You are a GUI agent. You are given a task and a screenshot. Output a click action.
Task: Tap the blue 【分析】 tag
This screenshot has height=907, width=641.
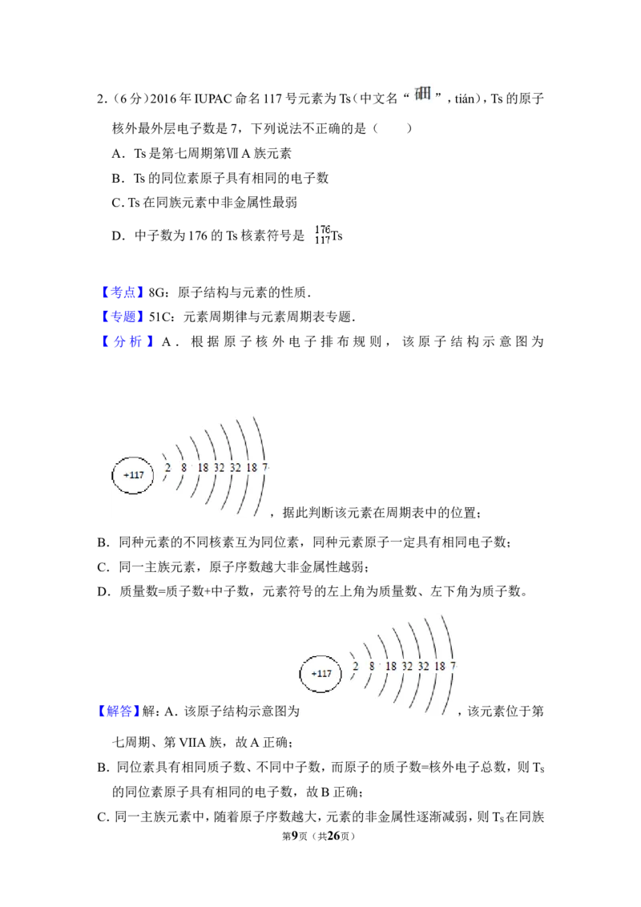point(127,341)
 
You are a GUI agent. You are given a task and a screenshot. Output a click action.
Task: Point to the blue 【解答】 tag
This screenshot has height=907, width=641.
point(118,711)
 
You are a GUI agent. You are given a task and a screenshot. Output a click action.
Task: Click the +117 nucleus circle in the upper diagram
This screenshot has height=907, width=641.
point(134,475)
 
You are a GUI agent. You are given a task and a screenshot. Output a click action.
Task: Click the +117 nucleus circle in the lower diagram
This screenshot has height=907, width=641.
point(321,673)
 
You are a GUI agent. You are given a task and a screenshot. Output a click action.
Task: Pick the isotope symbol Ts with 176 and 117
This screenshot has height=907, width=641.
point(329,235)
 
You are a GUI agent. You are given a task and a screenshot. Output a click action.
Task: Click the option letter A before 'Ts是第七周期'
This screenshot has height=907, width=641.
point(118,153)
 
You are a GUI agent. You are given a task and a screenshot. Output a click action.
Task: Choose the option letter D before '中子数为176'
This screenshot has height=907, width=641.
point(118,236)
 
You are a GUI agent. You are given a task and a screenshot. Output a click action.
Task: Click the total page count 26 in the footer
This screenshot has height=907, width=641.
point(333,836)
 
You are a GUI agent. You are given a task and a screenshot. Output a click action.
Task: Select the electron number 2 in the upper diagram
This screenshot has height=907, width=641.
point(167,467)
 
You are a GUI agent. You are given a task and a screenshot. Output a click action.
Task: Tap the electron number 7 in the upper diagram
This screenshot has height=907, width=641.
point(265,467)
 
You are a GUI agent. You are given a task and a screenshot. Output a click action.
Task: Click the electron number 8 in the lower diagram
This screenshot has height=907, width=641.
point(372,667)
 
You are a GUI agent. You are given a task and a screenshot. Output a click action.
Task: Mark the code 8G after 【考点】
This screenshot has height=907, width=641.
point(156,292)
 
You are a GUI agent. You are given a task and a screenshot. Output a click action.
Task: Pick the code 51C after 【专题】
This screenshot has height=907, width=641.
point(159,317)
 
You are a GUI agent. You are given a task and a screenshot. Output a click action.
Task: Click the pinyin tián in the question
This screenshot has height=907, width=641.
point(465,99)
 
